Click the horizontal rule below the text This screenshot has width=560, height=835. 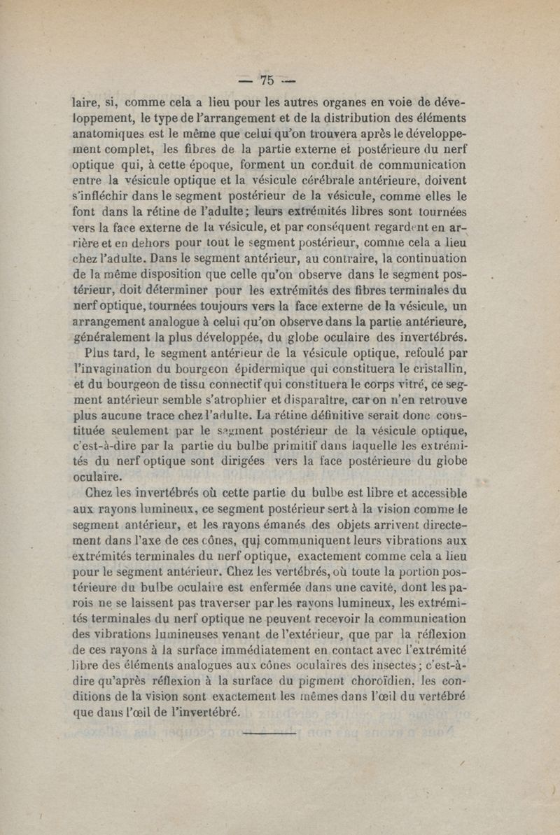pos(269,733)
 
